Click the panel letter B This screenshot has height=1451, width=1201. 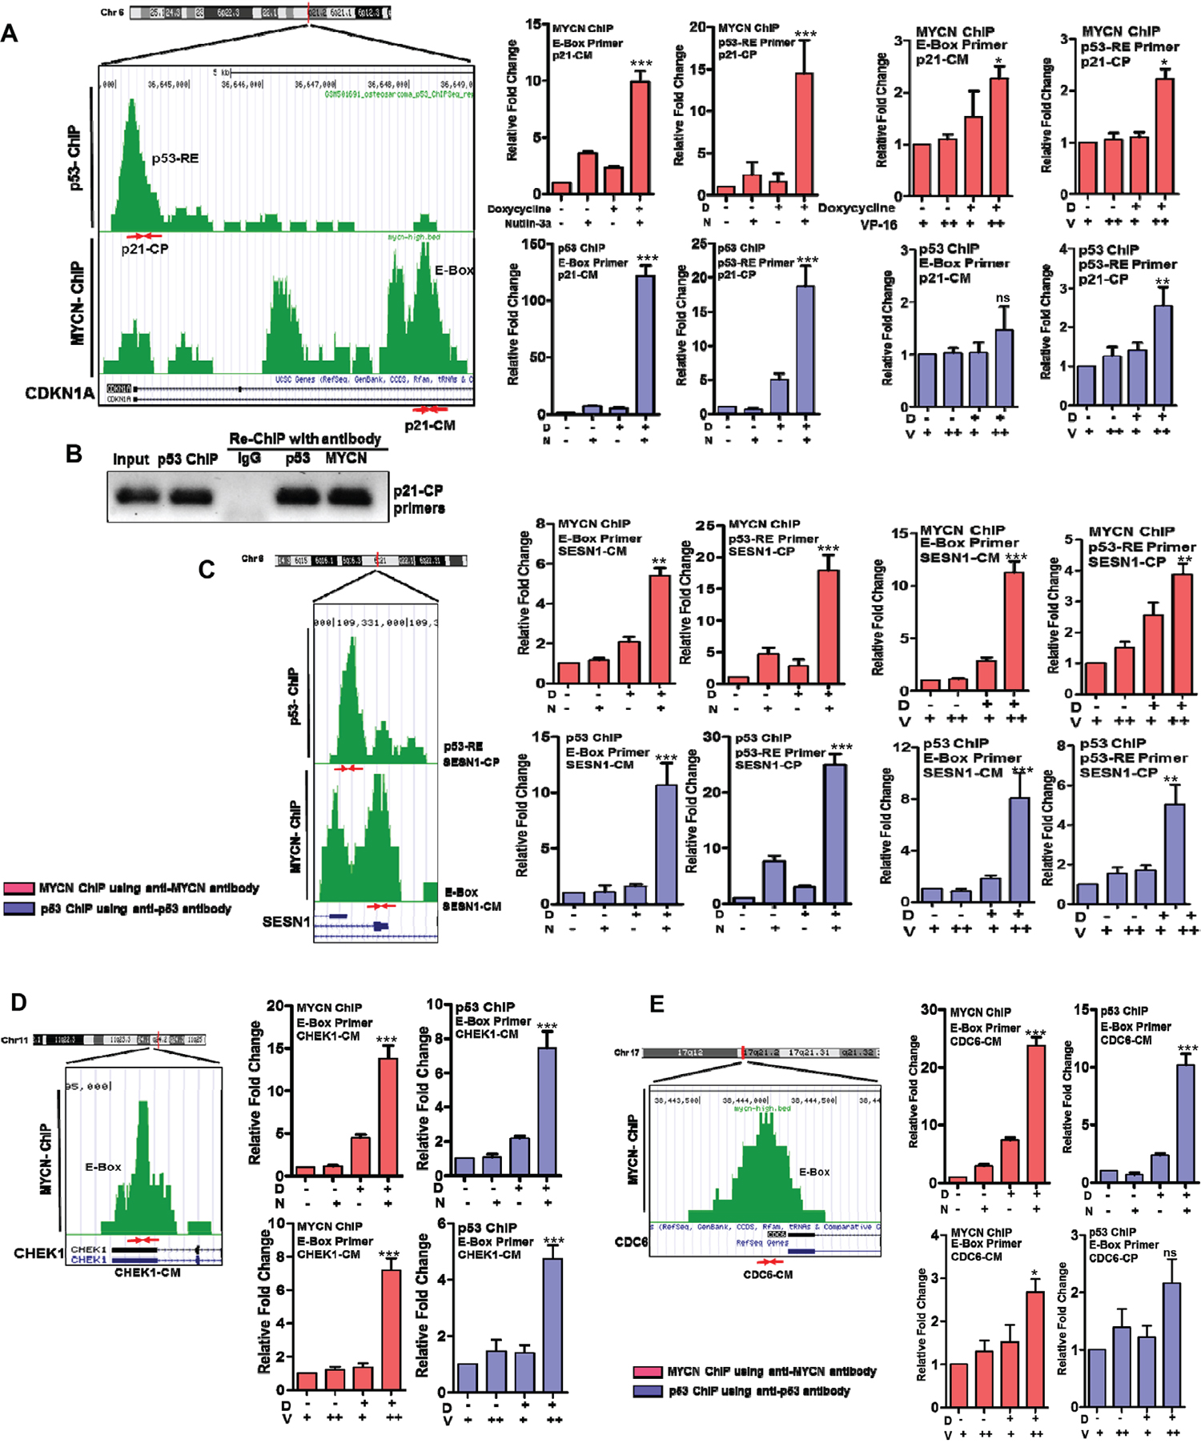pyautogui.click(x=74, y=454)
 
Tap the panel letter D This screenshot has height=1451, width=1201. pyautogui.click(x=18, y=1002)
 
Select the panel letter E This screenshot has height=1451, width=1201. pyautogui.click(x=657, y=1004)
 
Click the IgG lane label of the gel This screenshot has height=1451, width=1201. pyautogui.click(x=249, y=459)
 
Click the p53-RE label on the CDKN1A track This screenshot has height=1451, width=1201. pyautogui.click(x=175, y=158)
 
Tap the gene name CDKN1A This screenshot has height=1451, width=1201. pyautogui.click(x=59, y=393)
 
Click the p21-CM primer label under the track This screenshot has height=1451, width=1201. pyautogui.click(x=429, y=426)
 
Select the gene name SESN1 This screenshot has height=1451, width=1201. pyautogui.click(x=286, y=922)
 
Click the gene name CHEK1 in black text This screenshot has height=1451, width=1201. pyautogui.click(x=38, y=1253)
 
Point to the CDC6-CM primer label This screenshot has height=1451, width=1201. pyautogui.click(x=768, y=1274)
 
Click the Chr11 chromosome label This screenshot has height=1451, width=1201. pyautogui.click(x=14, y=1040)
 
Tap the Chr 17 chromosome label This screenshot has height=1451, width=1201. pyautogui.click(x=627, y=1052)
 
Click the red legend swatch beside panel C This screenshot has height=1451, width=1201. pyautogui.click(x=18, y=888)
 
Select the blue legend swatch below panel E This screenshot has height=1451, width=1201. pyautogui.click(x=648, y=1391)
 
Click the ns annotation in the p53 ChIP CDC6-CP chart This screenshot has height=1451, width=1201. pyautogui.click(x=1170, y=1253)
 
